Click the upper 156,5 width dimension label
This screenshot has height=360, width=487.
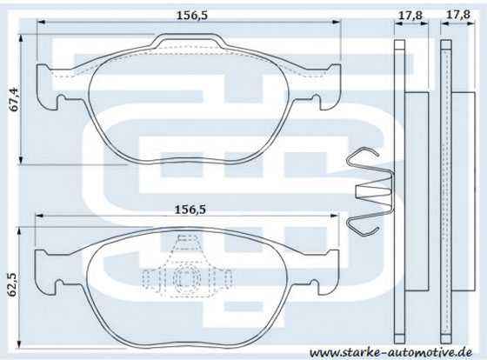coord(192,15)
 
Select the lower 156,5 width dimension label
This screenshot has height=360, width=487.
coord(190,210)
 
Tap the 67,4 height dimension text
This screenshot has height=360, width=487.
coord(14,99)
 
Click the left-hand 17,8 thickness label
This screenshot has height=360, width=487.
coord(410,15)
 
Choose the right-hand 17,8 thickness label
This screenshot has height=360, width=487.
coord(457,15)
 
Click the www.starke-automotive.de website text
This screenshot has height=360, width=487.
coord(390,352)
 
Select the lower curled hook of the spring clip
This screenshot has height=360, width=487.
coord(362,226)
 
